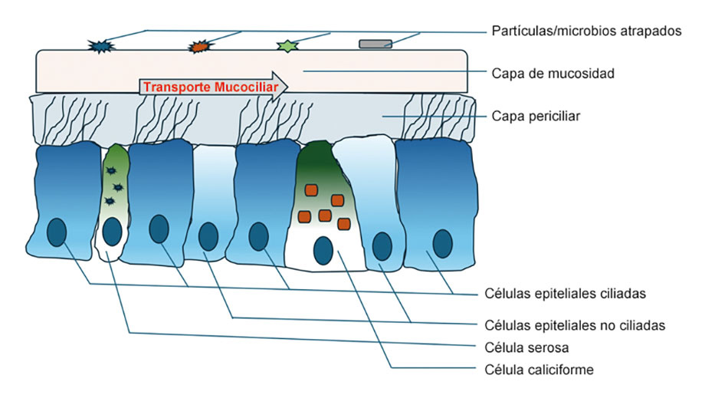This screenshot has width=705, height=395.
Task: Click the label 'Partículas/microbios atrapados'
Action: point(586,31)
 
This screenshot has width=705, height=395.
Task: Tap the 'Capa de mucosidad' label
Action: point(553,74)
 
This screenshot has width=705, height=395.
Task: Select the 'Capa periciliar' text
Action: point(536,116)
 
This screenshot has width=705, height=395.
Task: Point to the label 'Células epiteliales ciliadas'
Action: point(565,294)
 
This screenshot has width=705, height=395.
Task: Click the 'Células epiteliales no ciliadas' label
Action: point(575,325)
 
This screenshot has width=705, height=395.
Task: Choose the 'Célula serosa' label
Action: point(526,347)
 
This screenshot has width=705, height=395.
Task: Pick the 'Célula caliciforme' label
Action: point(539,370)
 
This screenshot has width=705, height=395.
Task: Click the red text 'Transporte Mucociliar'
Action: point(211,87)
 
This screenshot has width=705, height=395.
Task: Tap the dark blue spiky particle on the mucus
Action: point(100,46)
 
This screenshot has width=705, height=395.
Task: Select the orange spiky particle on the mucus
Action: point(198,47)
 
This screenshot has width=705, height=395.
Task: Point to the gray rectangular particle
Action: point(375,44)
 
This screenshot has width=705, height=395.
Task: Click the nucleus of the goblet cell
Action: point(323,251)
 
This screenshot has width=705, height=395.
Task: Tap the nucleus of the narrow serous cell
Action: point(112,232)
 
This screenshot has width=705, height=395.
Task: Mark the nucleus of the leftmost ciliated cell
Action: point(57,232)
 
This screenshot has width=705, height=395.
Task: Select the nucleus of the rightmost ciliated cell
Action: point(442,244)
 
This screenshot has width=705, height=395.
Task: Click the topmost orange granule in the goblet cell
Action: point(311,190)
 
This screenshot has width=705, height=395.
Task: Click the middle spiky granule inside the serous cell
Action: point(118,187)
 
